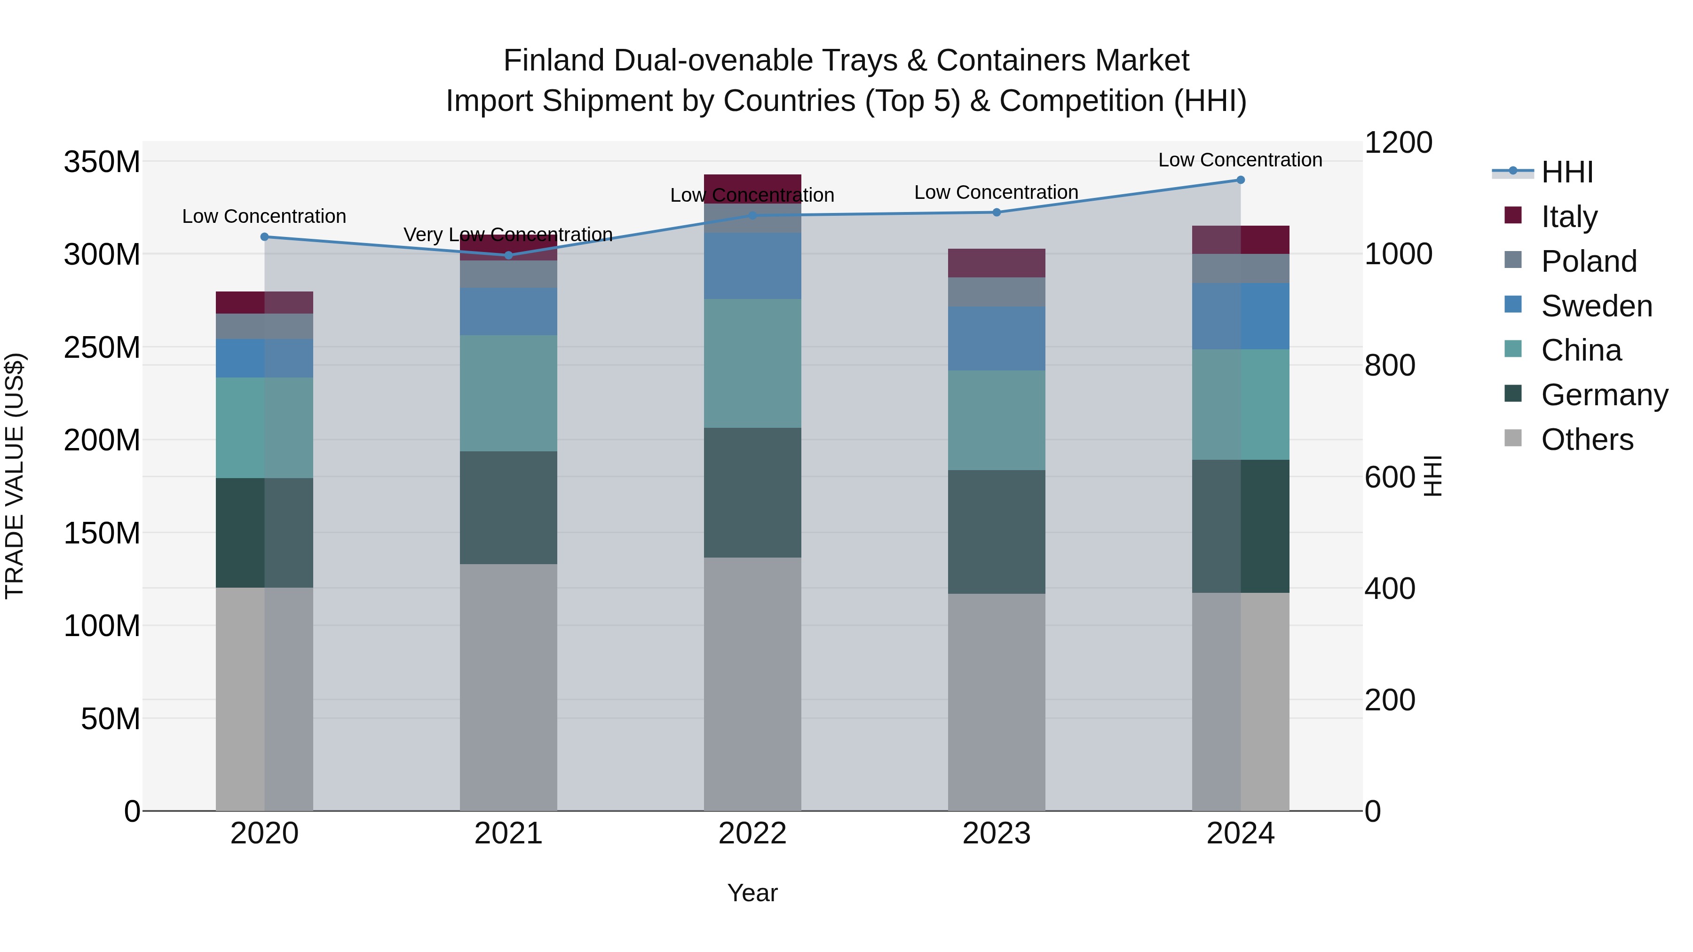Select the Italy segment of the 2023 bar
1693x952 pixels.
coord(997,263)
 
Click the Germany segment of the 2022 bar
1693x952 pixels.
coord(752,493)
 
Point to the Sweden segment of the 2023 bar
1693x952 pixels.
coord(997,338)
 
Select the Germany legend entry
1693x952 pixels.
coord(1604,395)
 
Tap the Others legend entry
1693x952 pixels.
coord(1587,440)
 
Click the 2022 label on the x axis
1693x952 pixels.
coord(752,834)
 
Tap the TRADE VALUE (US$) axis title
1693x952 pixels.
coord(15,476)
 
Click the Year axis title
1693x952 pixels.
coord(752,893)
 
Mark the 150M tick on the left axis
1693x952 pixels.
coord(102,533)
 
